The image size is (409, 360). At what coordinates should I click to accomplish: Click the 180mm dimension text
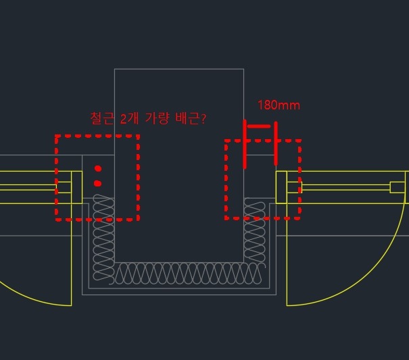(x=279, y=105)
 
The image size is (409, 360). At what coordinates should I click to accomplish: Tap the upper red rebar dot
(x=98, y=169)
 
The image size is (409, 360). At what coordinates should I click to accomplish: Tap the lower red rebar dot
(x=98, y=184)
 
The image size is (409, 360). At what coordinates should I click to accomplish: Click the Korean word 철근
(x=102, y=118)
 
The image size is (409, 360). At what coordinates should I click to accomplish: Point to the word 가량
(x=158, y=119)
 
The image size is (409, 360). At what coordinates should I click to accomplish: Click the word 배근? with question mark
(x=191, y=119)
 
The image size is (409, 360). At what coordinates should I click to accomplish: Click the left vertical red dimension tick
(x=245, y=144)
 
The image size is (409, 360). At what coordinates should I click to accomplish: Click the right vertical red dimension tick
(x=275, y=143)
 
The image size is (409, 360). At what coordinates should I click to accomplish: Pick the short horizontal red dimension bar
(x=260, y=127)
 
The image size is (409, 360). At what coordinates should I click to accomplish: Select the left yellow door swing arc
(x=36, y=294)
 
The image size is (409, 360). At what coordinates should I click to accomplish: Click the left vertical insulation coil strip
(x=103, y=238)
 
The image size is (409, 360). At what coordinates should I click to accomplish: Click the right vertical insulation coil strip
(x=255, y=230)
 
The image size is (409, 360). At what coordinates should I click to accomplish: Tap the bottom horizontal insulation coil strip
(x=186, y=274)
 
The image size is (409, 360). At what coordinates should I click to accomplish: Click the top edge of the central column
(x=179, y=69)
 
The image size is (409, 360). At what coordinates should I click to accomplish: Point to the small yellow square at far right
(x=398, y=187)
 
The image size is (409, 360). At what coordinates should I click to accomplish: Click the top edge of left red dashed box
(x=97, y=136)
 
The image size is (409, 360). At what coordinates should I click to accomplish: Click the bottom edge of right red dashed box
(x=263, y=218)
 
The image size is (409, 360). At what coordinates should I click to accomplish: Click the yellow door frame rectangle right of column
(x=281, y=187)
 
